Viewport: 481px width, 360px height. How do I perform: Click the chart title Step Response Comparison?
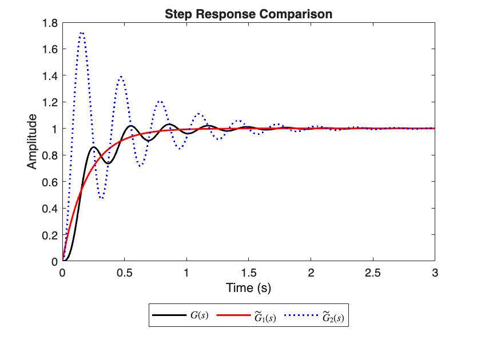point(248,14)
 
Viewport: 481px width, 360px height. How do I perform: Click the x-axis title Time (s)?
point(248,287)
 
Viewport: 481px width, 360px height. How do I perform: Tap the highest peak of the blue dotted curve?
point(82,33)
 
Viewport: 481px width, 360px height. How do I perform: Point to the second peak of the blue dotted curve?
point(121,77)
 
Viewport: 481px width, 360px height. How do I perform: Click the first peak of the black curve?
point(94,147)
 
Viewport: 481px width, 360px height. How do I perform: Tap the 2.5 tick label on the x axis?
point(372,273)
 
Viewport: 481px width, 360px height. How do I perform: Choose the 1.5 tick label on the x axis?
point(248,273)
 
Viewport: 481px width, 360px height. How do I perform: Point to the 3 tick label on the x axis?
point(435,273)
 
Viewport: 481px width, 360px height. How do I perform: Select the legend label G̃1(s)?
point(265,316)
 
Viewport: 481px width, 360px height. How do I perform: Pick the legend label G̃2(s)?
point(333,316)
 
